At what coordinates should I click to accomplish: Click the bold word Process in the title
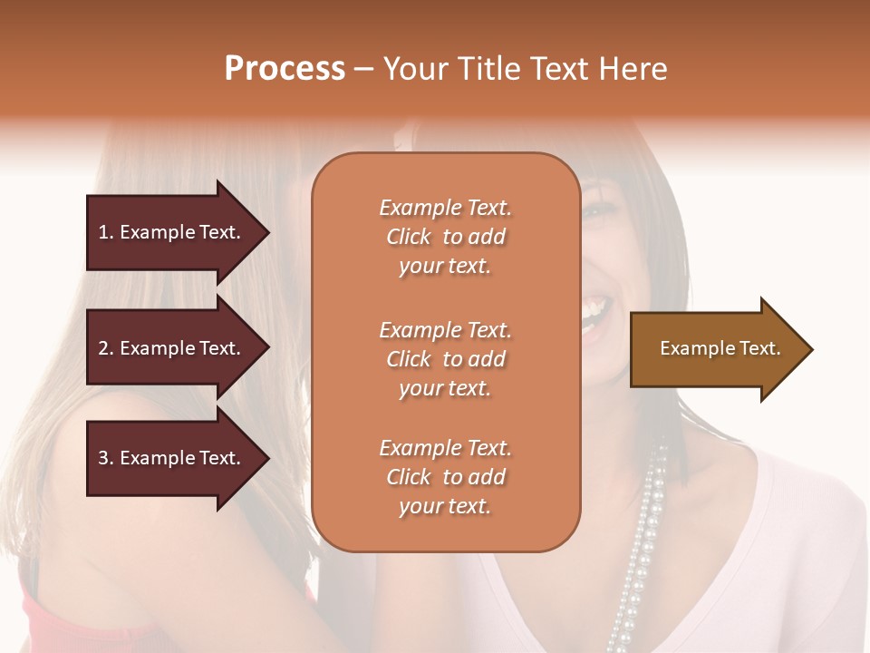coord(285,69)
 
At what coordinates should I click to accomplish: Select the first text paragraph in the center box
coord(445,237)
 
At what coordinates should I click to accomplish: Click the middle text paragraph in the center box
coord(445,359)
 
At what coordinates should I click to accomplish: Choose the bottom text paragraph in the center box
coord(445,477)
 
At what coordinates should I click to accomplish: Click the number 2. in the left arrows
coord(106,348)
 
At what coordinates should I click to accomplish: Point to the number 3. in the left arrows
coord(106,458)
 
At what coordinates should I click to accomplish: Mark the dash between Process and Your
coord(363,70)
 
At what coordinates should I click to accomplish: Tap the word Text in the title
coord(560,69)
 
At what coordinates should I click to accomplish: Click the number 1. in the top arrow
coord(106,232)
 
